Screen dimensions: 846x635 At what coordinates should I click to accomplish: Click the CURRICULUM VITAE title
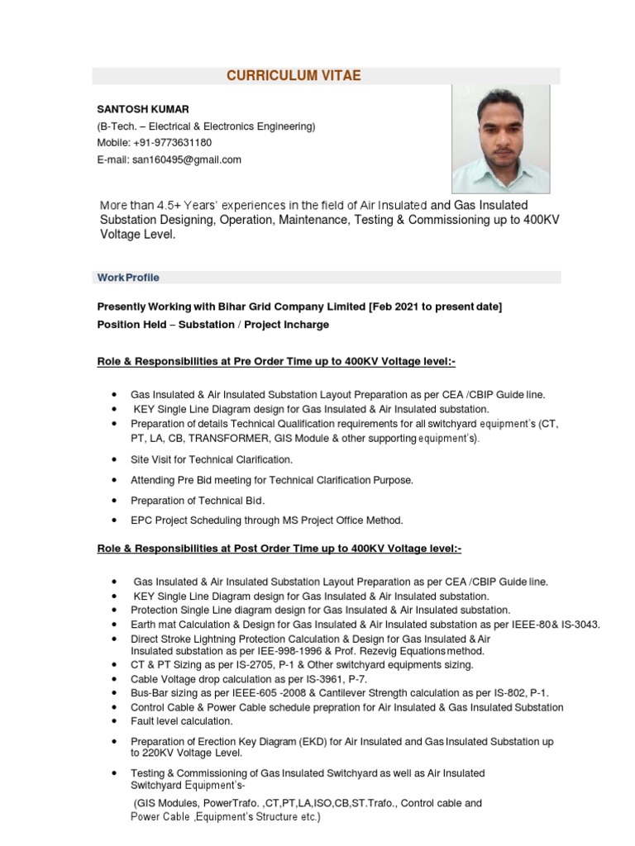pos(294,76)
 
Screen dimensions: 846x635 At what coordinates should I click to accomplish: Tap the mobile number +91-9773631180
pos(173,143)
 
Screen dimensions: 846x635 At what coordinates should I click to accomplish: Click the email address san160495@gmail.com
pos(187,159)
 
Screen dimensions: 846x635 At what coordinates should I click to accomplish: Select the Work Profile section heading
pos(128,278)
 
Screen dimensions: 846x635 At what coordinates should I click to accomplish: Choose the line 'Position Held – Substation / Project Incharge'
pos(212,325)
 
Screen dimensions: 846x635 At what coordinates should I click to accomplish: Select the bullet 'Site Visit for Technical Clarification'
pos(212,459)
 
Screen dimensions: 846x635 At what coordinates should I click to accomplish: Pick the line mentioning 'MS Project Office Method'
pos(266,520)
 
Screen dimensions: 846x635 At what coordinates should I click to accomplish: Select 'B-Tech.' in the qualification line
pos(117,126)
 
